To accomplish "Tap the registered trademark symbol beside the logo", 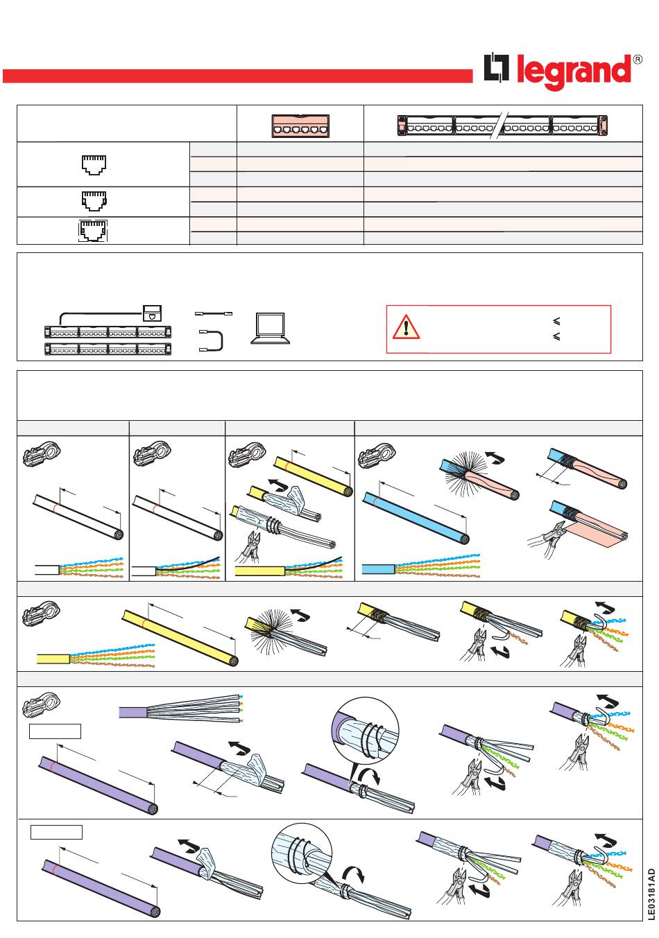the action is coord(637,60).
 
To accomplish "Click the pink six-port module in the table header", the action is coord(300,125).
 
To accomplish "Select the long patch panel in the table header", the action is coord(502,125).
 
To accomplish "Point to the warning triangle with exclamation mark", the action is coord(406,327).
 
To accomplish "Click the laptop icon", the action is coord(271,329).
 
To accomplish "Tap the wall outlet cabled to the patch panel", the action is coord(152,313).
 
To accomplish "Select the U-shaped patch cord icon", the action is coord(211,340).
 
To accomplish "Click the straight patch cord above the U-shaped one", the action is coord(214,313).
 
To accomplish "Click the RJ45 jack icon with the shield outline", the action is coord(93,231).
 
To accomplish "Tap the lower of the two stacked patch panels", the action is coord(108,349).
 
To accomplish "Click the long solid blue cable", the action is coord(416,519).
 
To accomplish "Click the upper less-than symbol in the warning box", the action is coord(556,321).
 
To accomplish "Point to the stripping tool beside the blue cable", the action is coord(375,455).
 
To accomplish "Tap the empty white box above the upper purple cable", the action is coord(55,731).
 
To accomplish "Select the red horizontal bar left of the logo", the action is coord(237,76).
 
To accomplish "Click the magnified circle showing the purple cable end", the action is coord(365,731).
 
